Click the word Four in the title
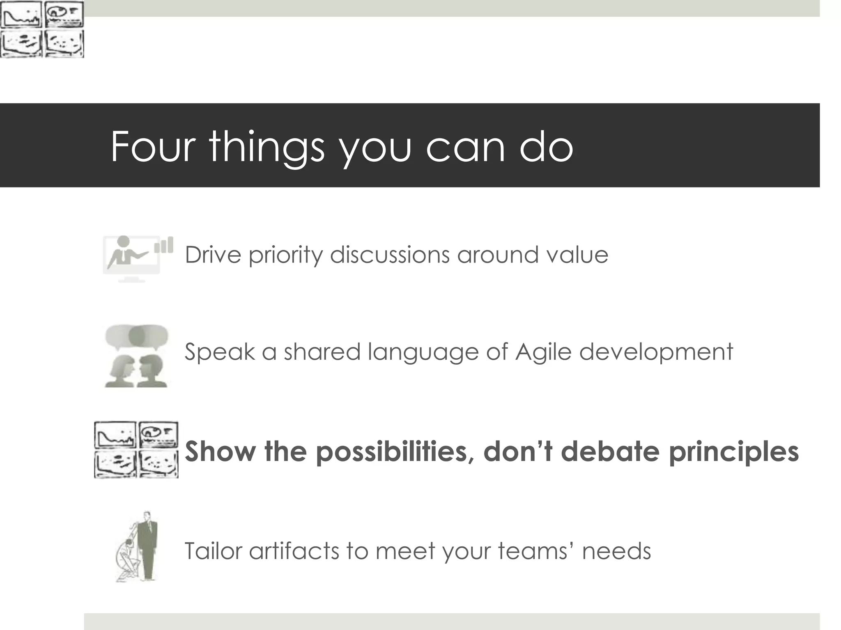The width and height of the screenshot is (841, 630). click(x=153, y=146)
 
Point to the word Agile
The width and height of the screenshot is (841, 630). click(x=543, y=352)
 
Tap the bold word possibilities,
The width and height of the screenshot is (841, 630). click(x=395, y=452)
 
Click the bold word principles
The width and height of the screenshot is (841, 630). click(x=733, y=452)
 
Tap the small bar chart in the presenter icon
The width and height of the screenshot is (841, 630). click(x=163, y=245)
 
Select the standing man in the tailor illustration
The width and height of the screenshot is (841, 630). click(x=147, y=546)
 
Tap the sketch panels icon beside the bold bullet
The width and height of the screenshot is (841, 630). click(x=136, y=450)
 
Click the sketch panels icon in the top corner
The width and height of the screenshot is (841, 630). click(x=42, y=29)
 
